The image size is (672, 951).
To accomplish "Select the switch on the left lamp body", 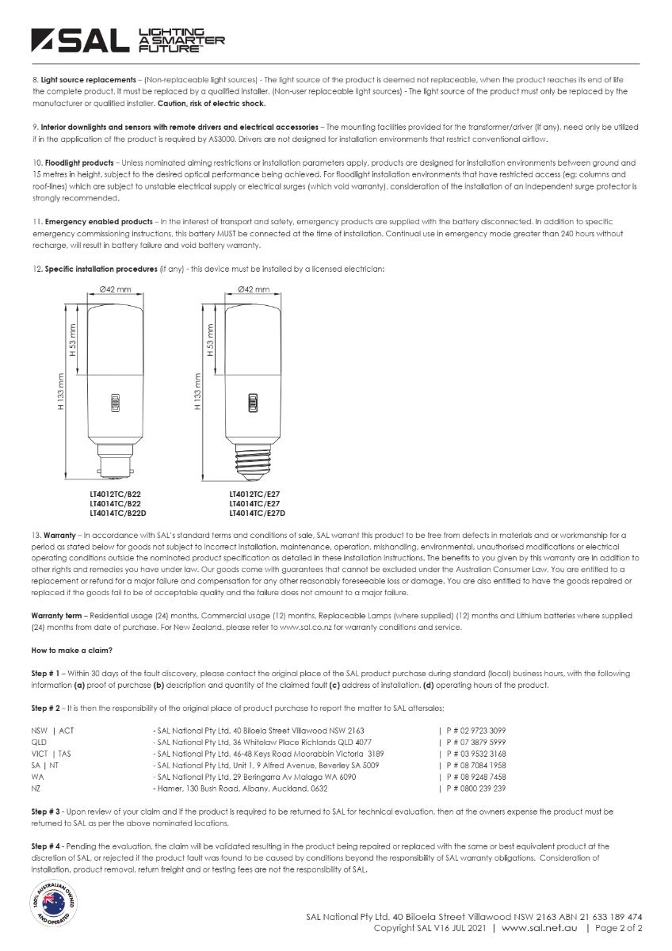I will pos(114,403).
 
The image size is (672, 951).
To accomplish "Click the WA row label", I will pos(37,777).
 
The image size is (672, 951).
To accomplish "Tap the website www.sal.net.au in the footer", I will pos(539,927).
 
